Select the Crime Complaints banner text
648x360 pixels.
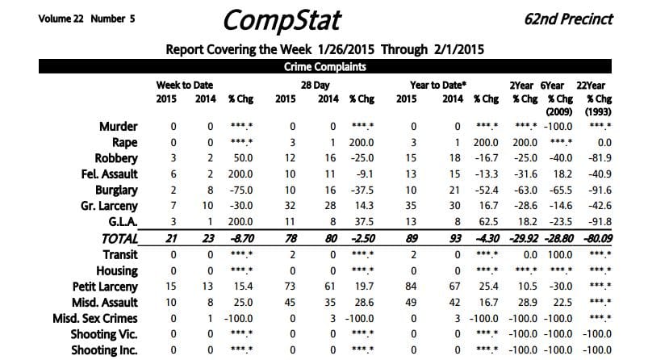[x=323, y=68]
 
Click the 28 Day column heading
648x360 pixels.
[x=315, y=85]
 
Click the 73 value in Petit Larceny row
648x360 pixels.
[x=291, y=286]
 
